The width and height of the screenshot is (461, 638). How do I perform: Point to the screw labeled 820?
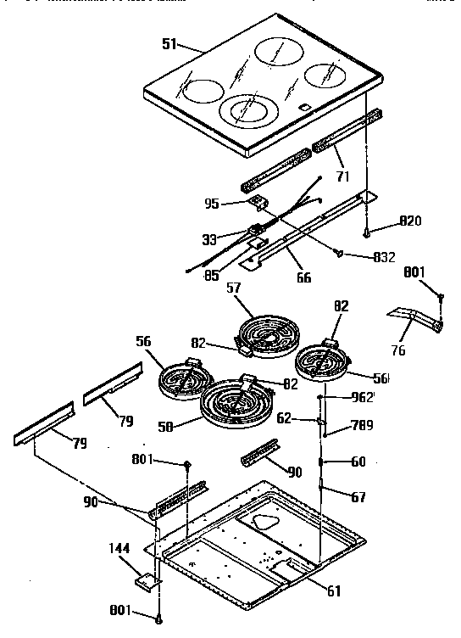click(366, 230)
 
